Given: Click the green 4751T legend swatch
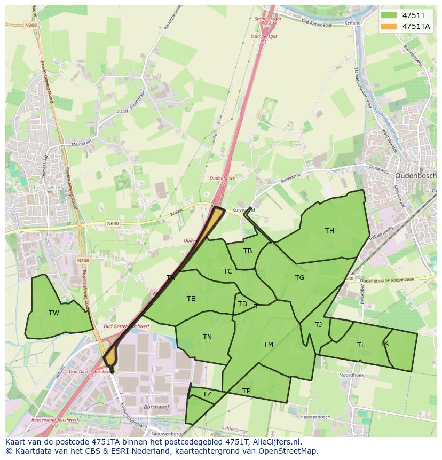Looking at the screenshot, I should point(389,15).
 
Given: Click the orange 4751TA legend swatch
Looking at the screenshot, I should point(389,26).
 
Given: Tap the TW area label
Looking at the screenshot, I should point(54,313).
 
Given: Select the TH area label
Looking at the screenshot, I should point(329,231).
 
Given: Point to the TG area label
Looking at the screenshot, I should point(299,278).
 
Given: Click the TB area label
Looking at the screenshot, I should point(248,251).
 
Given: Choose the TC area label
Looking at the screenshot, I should point(228,271).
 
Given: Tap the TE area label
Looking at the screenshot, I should point(191,299).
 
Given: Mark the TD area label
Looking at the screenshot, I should point(242,305).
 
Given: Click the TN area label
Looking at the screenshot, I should point(207,337).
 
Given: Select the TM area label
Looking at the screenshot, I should point(268,345).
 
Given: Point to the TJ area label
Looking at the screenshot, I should point(318,325).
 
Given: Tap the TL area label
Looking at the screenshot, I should point(361,345).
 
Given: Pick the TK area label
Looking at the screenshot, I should point(384,344).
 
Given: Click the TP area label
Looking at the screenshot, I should point(246,391).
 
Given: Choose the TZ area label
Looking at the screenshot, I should point(207,395).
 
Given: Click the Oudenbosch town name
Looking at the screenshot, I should point(415,175).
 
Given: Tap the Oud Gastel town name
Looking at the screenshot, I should point(46,188).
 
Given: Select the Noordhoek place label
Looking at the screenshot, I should point(351,376).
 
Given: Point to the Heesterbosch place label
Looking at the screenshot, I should point(315,417).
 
